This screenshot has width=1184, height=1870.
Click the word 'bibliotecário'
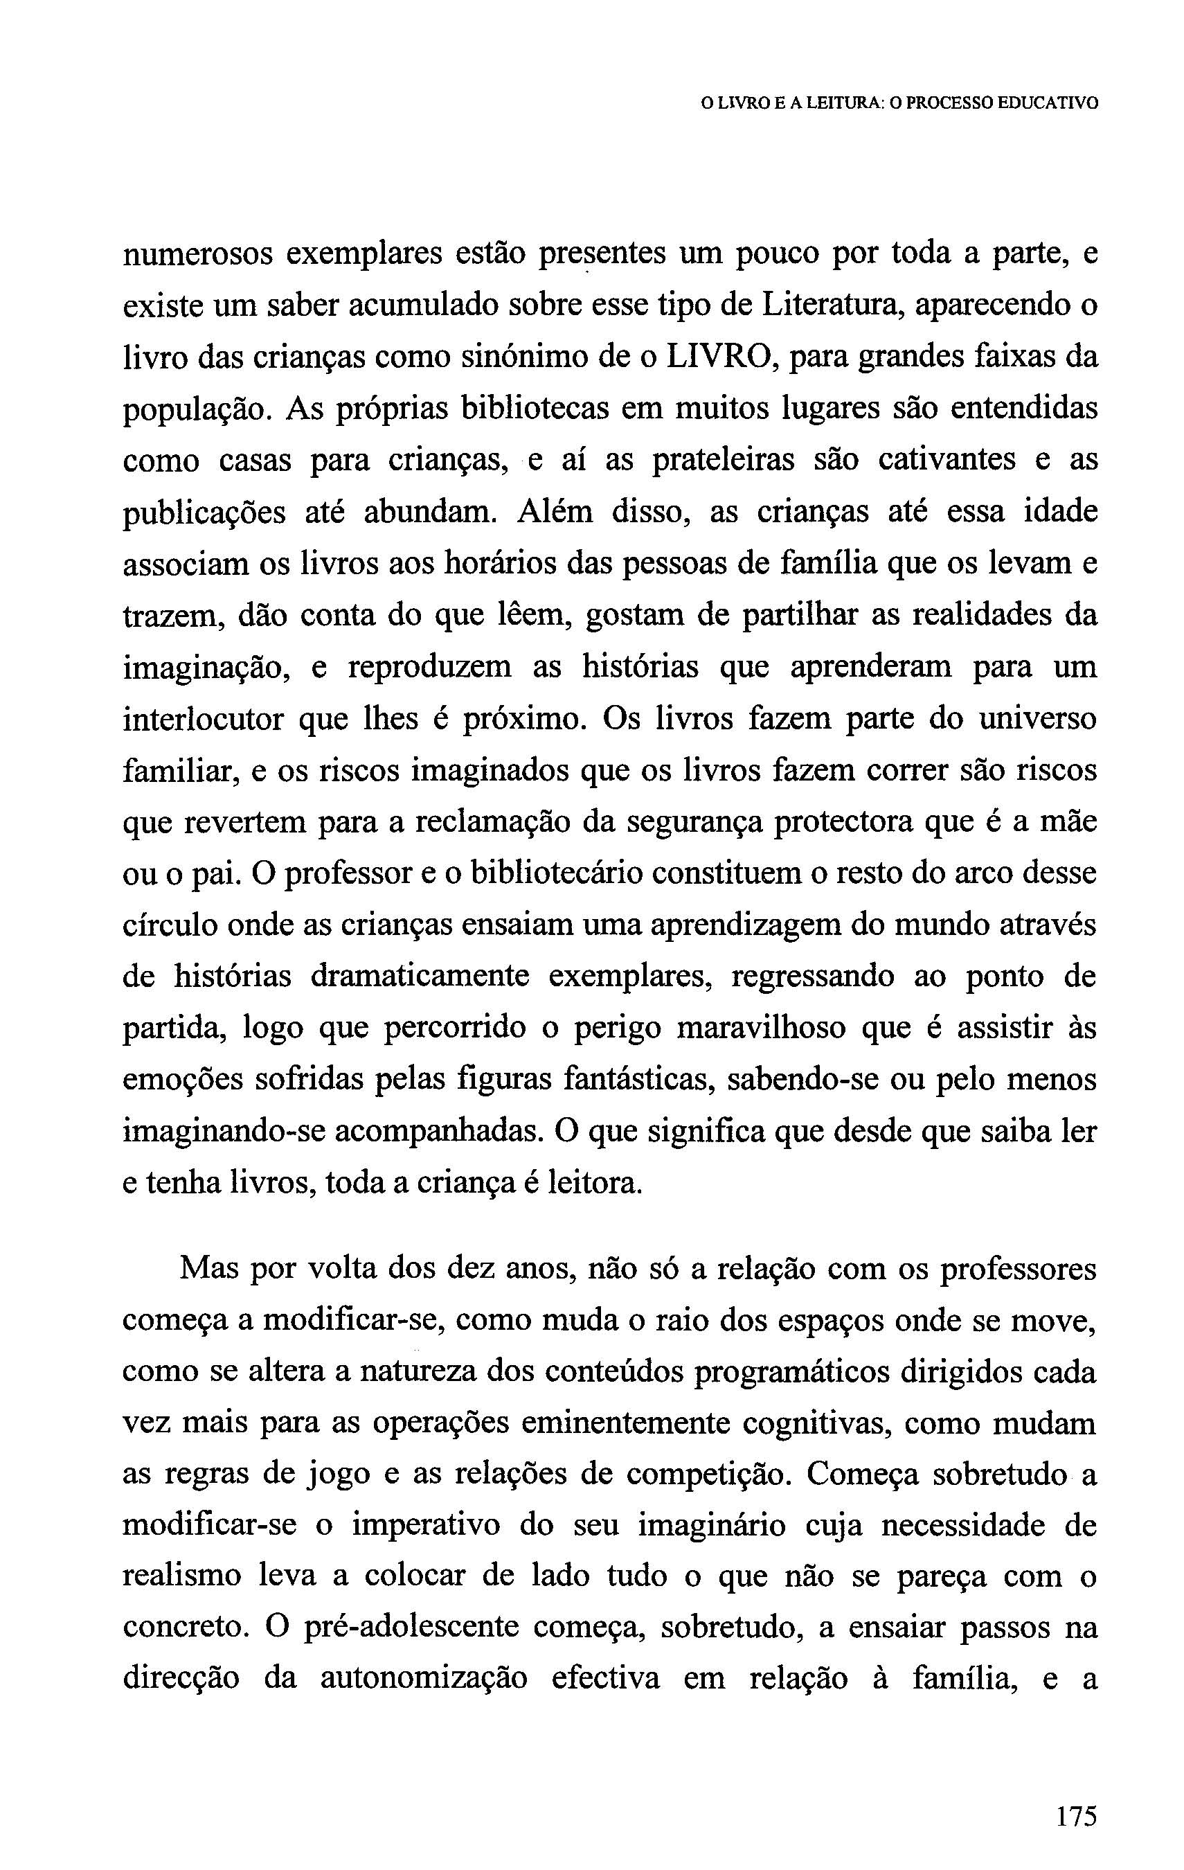[x=557, y=873]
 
